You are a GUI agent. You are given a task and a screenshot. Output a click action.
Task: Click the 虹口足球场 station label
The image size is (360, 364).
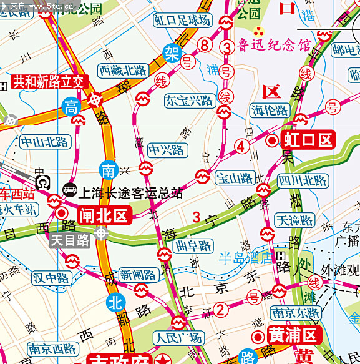183,20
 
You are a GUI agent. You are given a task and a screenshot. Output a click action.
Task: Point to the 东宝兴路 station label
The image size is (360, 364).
189,100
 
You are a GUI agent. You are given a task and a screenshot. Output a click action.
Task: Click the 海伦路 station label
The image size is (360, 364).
270,111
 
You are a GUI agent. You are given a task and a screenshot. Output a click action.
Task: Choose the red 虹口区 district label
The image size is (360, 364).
308,140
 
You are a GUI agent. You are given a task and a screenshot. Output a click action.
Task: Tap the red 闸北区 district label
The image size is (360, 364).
102,216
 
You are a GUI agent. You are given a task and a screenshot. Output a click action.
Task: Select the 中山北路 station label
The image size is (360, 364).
45,141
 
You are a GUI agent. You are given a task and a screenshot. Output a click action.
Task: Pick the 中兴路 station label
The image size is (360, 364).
167,150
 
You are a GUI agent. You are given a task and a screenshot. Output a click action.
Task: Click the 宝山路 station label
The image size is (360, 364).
235,179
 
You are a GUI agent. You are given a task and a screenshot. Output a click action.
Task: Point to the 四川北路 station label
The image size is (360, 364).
303,181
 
